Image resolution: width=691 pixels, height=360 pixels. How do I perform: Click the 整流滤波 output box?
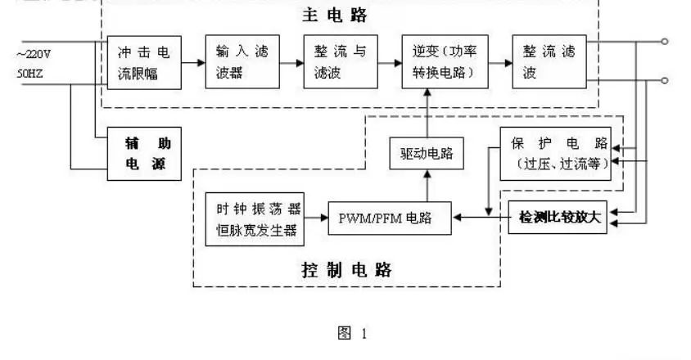tap(549, 63)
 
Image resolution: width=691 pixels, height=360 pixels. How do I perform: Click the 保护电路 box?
tap(555, 152)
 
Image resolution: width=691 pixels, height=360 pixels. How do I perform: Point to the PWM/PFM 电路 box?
tap(391, 218)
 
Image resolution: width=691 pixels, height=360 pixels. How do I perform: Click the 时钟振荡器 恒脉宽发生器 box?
tap(255, 219)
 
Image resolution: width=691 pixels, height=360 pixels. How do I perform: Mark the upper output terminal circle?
tap(664, 40)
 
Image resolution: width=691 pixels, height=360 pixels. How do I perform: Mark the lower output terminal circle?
tap(664, 80)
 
